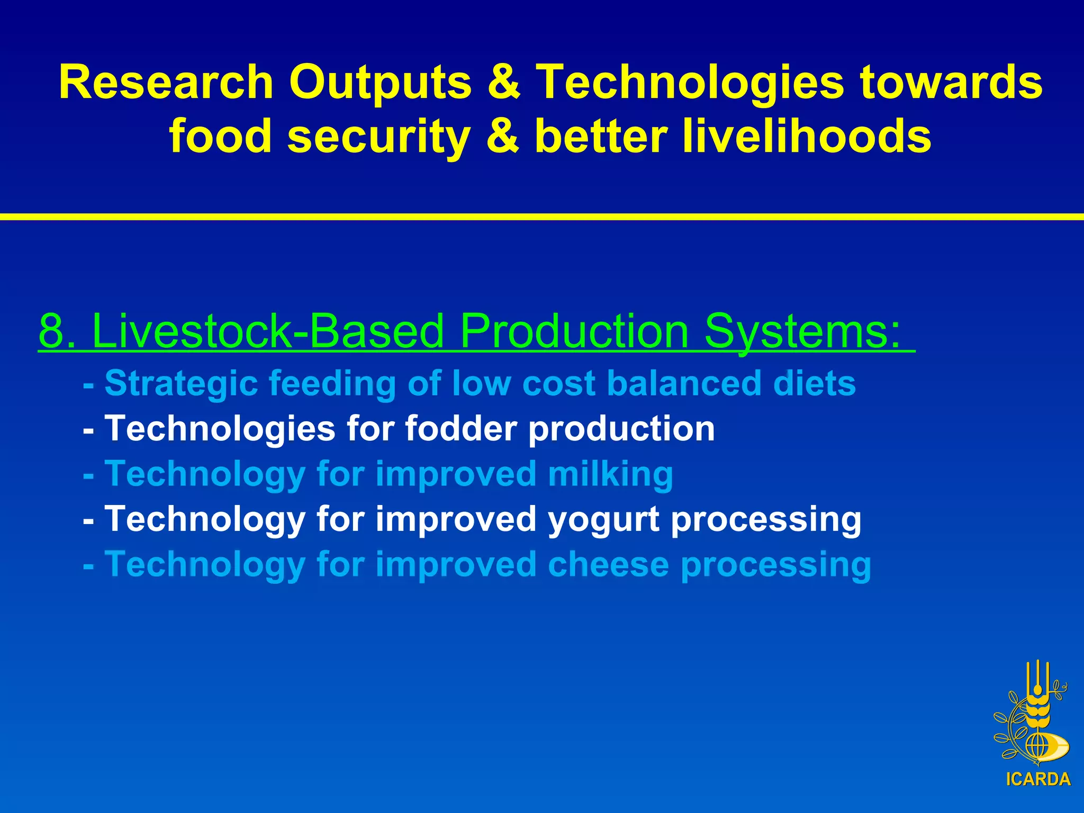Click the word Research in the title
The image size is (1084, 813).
click(166, 83)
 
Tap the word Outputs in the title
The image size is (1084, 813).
click(380, 83)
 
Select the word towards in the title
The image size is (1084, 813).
click(951, 83)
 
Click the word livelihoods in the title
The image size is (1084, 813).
click(807, 137)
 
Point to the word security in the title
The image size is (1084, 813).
click(379, 137)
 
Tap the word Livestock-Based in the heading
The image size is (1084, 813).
click(268, 331)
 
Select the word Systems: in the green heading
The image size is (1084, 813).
click(802, 331)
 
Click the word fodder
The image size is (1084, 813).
click(461, 428)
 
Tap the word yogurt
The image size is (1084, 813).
click(603, 519)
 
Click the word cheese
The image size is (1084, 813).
click(608, 565)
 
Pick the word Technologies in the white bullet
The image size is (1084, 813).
click(220, 428)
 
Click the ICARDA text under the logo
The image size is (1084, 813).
click(1038, 779)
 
